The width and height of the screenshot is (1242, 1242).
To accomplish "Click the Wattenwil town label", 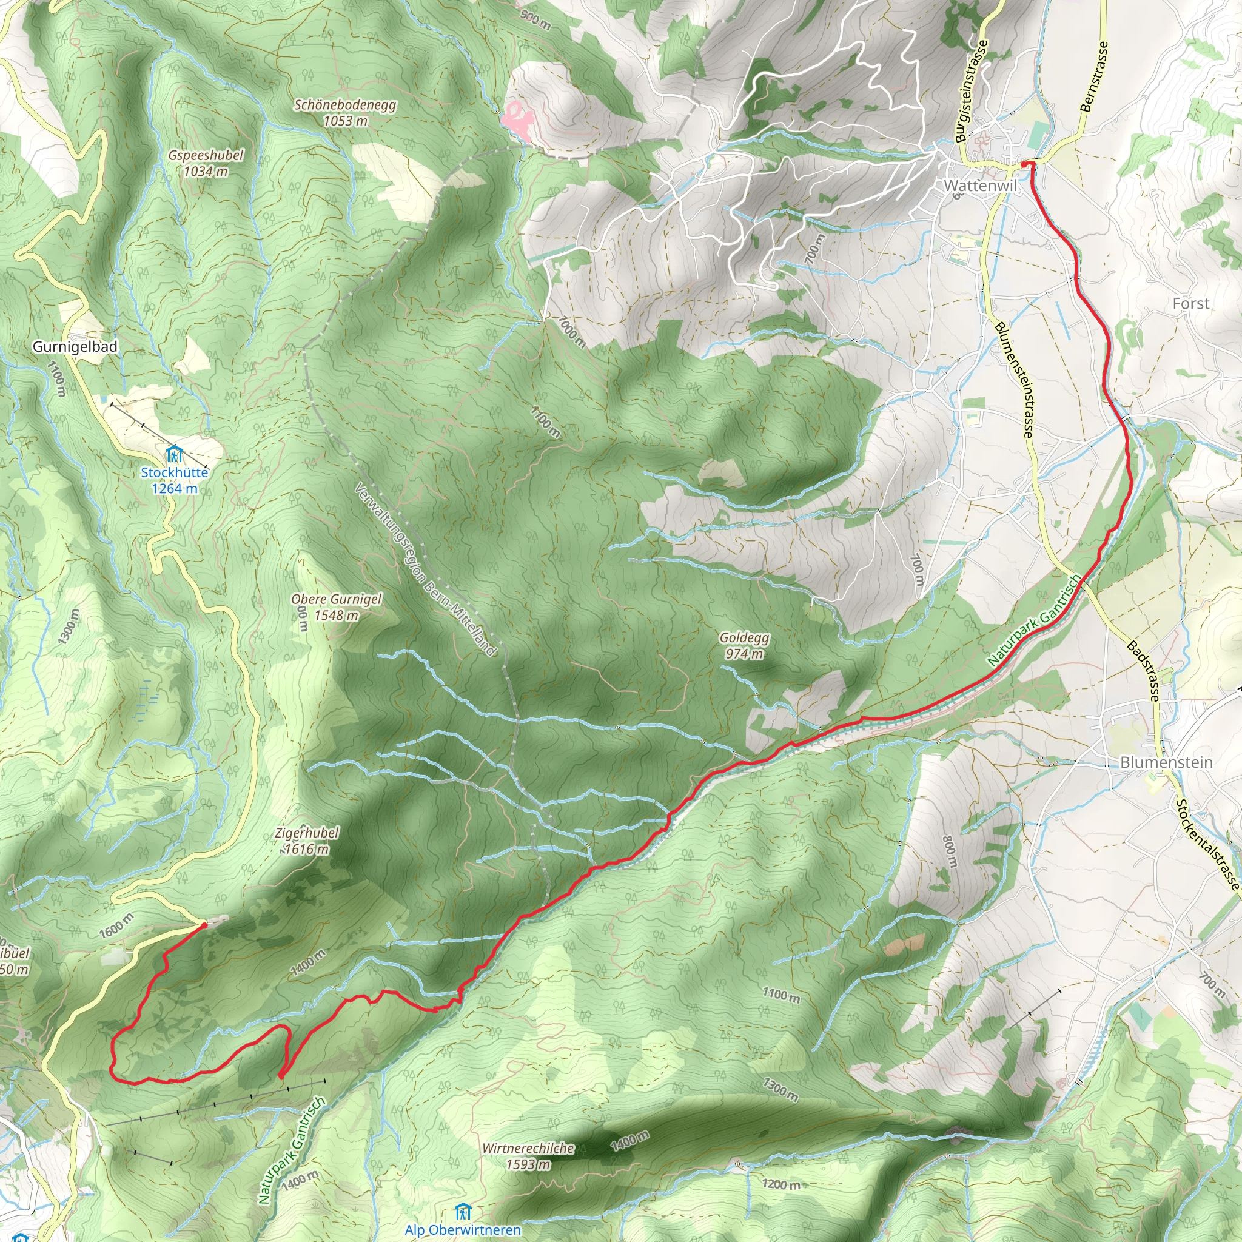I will [980, 186].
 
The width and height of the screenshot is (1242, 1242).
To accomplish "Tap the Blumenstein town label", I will [1166, 762].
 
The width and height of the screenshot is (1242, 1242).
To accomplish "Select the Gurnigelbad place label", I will [75, 347].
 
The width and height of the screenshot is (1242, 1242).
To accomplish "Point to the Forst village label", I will [1190, 303].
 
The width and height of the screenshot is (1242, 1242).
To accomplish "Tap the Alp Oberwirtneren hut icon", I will [462, 1212].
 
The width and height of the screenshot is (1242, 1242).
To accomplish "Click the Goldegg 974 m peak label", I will [745, 645].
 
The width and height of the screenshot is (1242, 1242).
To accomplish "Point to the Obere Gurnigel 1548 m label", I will [336, 607].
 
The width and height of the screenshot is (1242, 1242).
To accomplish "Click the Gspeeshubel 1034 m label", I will [206, 163].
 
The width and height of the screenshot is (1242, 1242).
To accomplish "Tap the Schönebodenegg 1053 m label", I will [345, 113].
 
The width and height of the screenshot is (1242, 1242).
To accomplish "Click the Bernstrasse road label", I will [1095, 77].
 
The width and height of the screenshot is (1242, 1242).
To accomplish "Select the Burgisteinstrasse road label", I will [972, 92].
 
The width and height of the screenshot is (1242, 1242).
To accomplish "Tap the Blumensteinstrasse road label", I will [1015, 381].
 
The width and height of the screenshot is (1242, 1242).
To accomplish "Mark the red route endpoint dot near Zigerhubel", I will [204, 925].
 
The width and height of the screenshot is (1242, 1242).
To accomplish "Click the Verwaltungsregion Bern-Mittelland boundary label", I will [426, 570].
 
